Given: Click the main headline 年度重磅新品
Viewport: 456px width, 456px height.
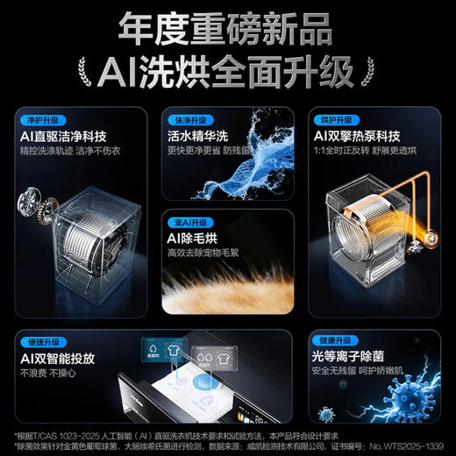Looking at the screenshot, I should pos(228,29).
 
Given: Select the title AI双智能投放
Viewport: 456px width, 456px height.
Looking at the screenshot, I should pos(70,357).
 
